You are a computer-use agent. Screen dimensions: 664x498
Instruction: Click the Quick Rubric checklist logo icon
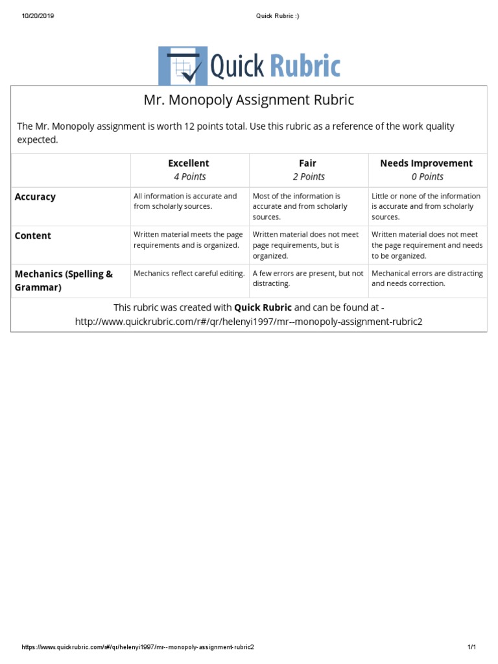click(183, 65)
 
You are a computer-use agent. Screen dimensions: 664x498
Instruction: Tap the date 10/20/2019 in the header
click(38, 16)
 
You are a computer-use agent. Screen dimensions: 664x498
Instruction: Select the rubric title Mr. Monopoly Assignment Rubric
click(248, 101)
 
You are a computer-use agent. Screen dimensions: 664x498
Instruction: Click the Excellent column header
click(189, 163)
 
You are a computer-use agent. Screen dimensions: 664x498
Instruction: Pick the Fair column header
click(308, 163)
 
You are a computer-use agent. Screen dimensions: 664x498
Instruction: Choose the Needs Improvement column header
click(426, 163)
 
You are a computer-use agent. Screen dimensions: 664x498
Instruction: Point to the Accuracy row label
click(36, 196)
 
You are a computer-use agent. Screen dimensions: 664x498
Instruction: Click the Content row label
click(33, 236)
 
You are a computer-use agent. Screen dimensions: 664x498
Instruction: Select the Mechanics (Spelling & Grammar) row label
click(64, 280)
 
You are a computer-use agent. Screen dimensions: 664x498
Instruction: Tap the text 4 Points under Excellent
click(189, 176)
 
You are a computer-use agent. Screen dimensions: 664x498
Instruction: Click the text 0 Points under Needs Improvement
click(427, 176)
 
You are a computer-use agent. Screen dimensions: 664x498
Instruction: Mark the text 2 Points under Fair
click(309, 176)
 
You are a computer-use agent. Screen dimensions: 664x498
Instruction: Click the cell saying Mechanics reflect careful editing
click(189, 274)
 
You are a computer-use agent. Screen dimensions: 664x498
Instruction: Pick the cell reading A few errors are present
click(307, 278)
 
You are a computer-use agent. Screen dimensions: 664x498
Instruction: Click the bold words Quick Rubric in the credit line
click(263, 307)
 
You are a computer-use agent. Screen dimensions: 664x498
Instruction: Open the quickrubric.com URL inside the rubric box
click(248, 322)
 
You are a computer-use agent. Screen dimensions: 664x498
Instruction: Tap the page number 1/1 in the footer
click(471, 647)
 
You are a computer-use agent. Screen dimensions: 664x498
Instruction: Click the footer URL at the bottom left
click(138, 647)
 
